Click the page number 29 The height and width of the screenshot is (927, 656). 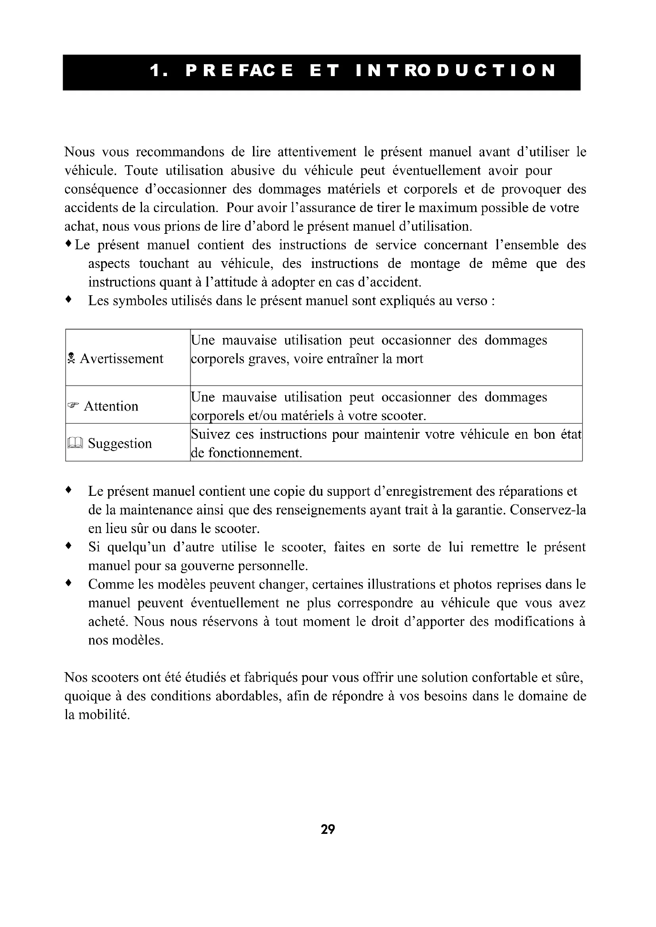pos(328,829)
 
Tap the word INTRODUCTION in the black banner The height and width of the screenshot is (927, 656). pos(456,71)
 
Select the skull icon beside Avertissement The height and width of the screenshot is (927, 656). pos(71,358)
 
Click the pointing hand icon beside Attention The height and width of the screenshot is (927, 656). pos(73,405)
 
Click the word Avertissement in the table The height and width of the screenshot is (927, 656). pos(122,359)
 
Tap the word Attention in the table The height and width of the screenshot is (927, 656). pos(111,406)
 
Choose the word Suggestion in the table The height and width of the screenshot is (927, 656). pos(120,444)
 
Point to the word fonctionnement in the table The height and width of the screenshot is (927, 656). pos(255,453)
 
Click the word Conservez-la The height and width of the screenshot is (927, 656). pos(548,510)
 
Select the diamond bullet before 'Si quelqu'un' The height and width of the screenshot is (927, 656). pos(69,546)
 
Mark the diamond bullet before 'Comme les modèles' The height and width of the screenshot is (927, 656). pos(69,583)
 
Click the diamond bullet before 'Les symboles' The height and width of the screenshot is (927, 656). pos(69,300)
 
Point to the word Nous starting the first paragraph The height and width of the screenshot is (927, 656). pos(80,152)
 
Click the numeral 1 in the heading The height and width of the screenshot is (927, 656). pos(155,71)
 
